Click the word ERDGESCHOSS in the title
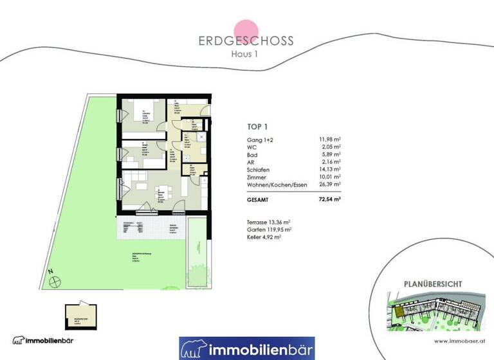(246, 40)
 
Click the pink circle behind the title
(246, 32)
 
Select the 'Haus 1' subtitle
(246, 54)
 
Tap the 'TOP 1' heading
(258, 127)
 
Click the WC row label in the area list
(252, 147)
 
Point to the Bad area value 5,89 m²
(330, 155)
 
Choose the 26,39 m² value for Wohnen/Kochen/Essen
(329, 184)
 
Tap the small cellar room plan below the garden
(80, 314)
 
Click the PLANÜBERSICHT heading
(433, 283)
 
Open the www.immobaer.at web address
(458, 341)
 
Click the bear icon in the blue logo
(193, 349)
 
